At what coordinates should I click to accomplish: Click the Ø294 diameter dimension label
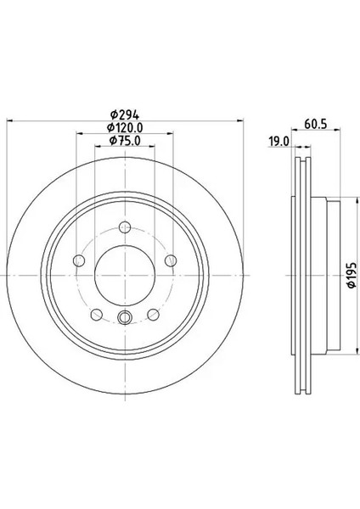(125, 115)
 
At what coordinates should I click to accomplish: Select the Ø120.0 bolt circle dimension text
(125, 127)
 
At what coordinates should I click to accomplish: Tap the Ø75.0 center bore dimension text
(125, 141)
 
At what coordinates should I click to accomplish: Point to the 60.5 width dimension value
(316, 124)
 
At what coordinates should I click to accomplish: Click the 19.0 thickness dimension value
(279, 142)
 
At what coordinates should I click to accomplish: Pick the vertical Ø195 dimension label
(352, 275)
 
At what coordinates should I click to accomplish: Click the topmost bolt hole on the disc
(125, 227)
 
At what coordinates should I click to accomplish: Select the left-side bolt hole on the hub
(79, 260)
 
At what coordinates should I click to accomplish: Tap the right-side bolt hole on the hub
(171, 260)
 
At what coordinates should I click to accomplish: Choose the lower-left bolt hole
(97, 314)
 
